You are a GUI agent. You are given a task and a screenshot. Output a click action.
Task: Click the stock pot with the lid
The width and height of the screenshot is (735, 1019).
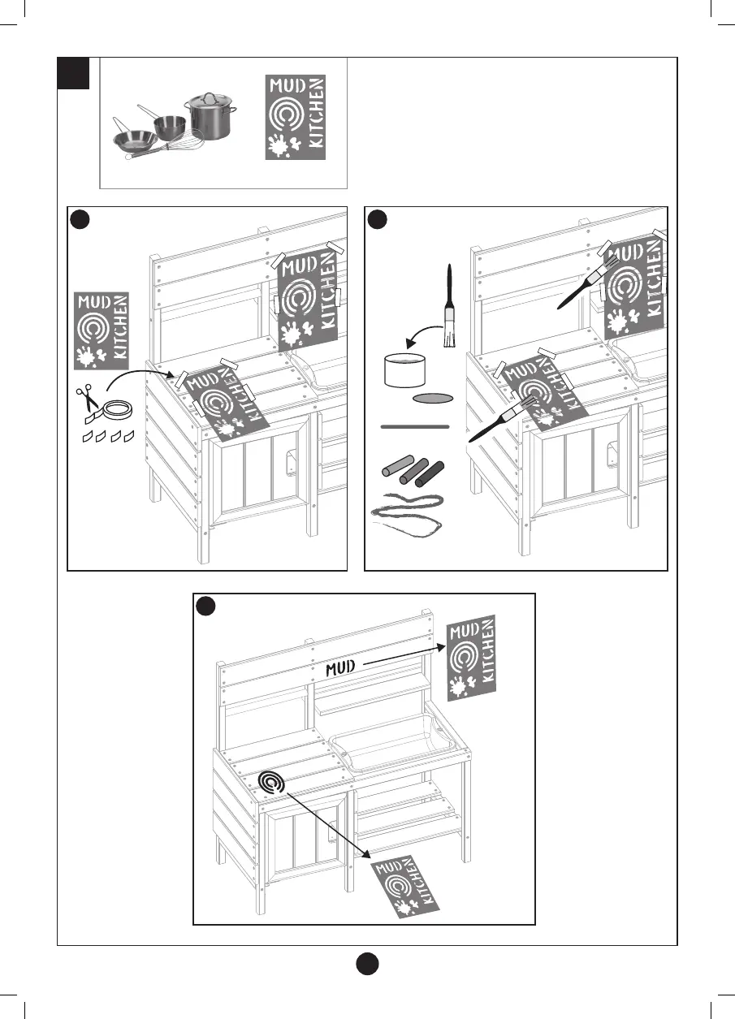[210, 117]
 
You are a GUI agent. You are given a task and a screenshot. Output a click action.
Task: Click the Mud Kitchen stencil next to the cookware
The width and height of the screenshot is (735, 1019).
[296, 116]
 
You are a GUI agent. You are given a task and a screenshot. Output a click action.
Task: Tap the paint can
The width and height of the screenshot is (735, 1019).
[404, 369]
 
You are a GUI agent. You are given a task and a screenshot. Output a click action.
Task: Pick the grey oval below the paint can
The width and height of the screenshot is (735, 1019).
[432, 398]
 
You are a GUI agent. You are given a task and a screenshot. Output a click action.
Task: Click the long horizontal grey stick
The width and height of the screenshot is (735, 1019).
[414, 425]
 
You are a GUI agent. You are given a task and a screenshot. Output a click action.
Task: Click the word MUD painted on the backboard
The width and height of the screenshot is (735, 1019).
[342, 667]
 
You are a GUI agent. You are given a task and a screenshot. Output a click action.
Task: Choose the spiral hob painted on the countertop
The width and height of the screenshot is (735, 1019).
[272, 782]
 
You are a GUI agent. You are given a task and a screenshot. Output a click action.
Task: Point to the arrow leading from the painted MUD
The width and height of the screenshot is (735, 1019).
[402, 655]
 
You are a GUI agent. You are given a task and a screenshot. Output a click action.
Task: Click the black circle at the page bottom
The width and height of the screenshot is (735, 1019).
[367, 965]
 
